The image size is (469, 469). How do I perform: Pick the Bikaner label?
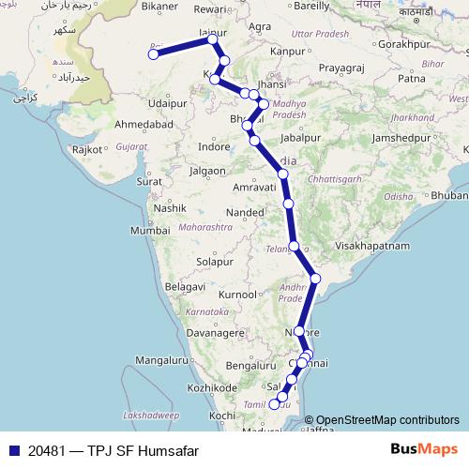coord(159,7)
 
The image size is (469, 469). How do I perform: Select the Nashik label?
coord(173,207)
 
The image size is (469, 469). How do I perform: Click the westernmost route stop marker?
coord(153,54)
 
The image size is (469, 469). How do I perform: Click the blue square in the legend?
coord(13,450)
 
